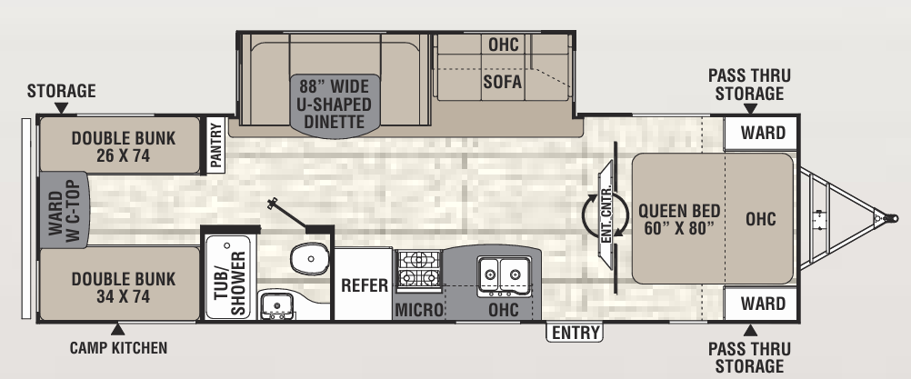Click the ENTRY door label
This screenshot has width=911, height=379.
[576, 333]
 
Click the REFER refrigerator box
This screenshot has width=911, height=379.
[365, 284]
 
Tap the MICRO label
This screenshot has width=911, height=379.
[418, 310]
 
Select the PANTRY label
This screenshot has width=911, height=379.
[216, 144]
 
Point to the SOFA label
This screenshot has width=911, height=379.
[502, 82]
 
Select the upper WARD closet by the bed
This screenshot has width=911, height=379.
[762, 133]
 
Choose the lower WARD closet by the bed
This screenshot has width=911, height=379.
[762, 303]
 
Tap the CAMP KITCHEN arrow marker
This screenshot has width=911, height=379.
[117, 329]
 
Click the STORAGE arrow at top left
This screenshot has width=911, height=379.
[61, 108]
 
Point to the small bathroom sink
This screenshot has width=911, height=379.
[274, 305]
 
